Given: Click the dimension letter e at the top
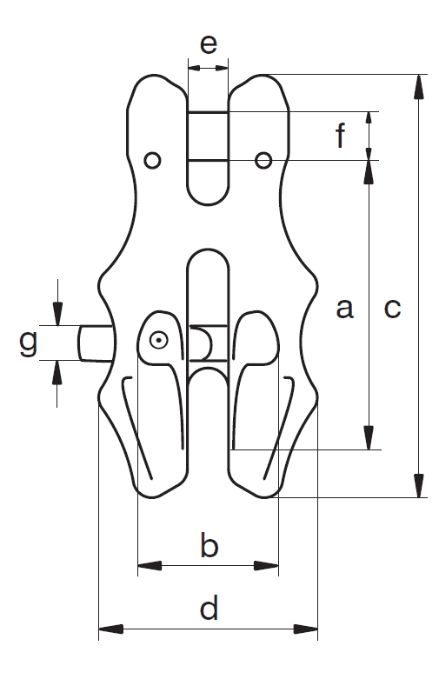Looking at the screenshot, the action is coord(209,44).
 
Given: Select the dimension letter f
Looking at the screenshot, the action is coord(341,135).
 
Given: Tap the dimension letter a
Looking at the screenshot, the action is coord(344,309).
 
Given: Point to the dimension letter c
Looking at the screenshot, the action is coord(392,309).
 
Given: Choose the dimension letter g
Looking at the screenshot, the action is coord(29,343).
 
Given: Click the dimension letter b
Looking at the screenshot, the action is coord(210,545).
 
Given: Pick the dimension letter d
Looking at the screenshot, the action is coord(209,608).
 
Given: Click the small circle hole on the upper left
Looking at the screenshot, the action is coord(152,160).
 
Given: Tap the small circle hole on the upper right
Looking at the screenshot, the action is coord(263,160).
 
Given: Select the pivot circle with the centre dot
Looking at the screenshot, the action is coord(159,340).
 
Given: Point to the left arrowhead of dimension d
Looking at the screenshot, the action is coord(110,629).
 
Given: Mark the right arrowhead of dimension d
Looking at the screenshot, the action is coord(306,629).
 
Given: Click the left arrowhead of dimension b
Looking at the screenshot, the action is coord(150,566).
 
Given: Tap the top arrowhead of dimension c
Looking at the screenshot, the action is coord(419,88).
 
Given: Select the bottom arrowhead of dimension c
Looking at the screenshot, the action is coord(419,486).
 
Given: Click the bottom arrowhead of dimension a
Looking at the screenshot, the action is coord(369,438).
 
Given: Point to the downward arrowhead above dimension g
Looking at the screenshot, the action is coord(57,313).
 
